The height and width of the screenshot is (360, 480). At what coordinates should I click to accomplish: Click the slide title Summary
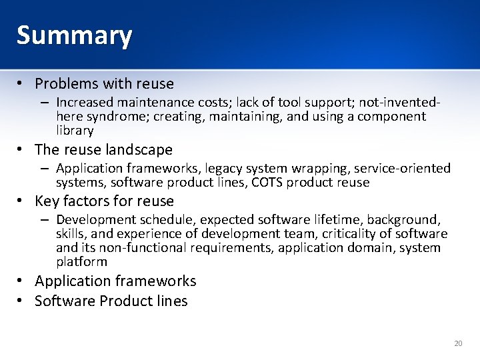pyautogui.click(x=74, y=35)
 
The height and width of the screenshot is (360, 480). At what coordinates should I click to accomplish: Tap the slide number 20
pyautogui.click(x=458, y=343)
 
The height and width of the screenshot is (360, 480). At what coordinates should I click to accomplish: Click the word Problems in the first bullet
pyautogui.click(x=63, y=84)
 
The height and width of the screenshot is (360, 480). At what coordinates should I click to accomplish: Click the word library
pyautogui.click(x=75, y=131)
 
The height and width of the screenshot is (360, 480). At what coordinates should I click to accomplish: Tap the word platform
pyautogui.click(x=81, y=262)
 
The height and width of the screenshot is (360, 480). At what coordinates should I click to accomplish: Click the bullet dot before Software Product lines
pyautogui.click(x=22, y=301)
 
